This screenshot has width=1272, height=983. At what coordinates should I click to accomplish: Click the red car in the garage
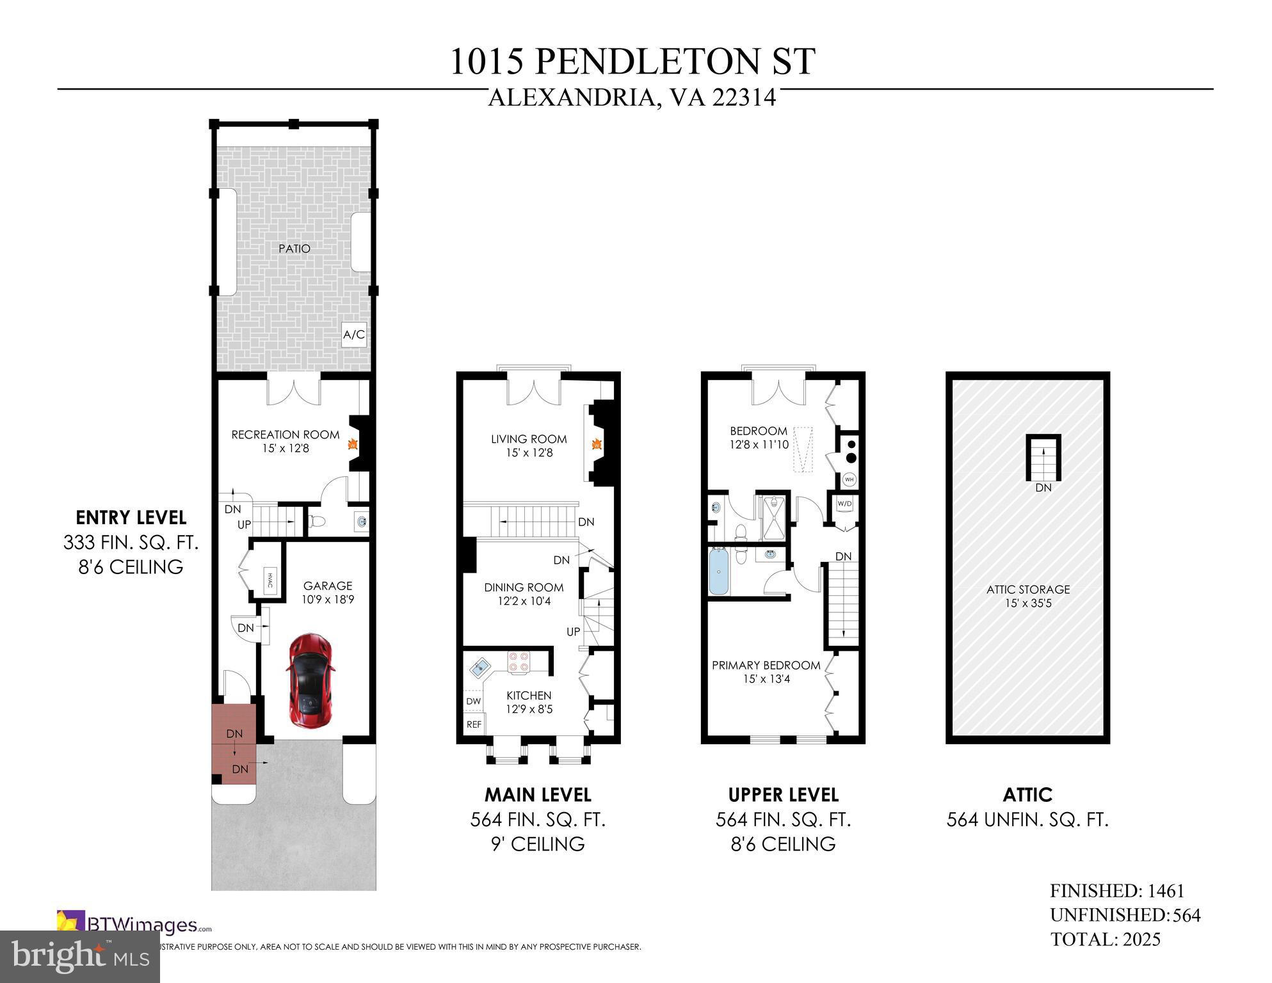click(311, 680)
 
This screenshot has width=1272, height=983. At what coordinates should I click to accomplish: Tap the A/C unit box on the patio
click(354, 335)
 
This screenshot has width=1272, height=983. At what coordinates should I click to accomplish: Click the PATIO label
click(294, 248)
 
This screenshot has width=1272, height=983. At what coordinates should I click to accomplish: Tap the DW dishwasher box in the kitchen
click(473, 701)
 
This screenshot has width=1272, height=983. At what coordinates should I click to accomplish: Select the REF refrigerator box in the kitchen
click(474, 724)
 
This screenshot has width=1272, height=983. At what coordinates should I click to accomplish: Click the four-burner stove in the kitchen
click(519, 662)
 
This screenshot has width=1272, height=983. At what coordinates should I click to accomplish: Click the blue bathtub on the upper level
click(719, 571)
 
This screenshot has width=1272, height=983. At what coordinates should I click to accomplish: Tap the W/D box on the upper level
click(845, 504)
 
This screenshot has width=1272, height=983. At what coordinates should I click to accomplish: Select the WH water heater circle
click(849, 479)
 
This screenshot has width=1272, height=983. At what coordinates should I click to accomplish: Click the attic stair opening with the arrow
click(1043, 458)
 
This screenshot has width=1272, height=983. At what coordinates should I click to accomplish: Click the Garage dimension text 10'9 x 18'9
click(328, 600)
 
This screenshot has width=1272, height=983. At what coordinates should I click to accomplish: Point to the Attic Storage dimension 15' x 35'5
click(1027, 603)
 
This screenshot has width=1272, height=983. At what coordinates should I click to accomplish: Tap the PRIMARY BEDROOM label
click(766, 666)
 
